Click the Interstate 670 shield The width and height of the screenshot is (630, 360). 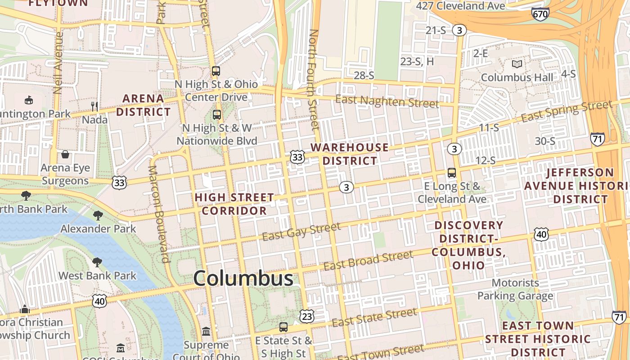[540, 14]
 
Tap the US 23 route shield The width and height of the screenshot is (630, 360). [307, 316]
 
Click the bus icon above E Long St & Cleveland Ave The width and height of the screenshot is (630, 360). [451, 172]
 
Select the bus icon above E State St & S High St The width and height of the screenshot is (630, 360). [283, 327]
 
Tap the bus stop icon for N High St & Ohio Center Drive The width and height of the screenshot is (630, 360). [216, 71]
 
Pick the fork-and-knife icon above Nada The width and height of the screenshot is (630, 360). [94, 106]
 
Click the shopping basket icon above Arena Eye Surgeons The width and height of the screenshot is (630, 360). [65, 155]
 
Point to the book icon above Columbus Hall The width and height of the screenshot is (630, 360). [517, 64]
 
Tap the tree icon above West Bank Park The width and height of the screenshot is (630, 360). [97, 262]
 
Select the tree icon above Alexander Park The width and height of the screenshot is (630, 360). [98, 215]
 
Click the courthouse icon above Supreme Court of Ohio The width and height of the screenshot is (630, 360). [206, 332]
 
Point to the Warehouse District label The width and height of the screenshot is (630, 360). [350, 154]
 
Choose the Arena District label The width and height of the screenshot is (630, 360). [144, 105]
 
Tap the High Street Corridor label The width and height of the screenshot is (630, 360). [234, 204]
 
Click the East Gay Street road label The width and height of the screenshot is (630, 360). [301, 231]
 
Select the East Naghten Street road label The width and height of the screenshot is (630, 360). [387, 101]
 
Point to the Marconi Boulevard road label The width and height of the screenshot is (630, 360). [159, 214]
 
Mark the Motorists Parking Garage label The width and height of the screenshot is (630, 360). [515, 289]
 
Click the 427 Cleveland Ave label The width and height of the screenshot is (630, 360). [460, 6]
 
